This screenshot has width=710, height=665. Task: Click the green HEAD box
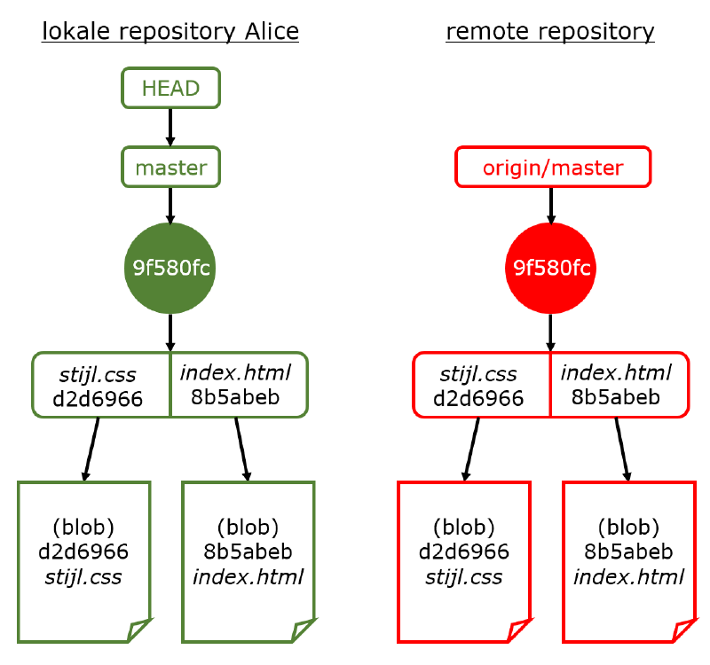(x=170, y=88)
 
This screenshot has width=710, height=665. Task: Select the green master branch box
(x=170, y=167)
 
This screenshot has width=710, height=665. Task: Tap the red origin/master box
(x=553, y=167)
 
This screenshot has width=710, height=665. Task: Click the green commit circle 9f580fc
(x=170, y=268)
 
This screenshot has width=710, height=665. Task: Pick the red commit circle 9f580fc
(x=550, y=268)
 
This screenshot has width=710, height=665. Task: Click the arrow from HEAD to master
(x=170, y=127)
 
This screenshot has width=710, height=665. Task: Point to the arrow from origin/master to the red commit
(x=551, y=206)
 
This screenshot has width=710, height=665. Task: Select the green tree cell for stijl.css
(x=101, y=385)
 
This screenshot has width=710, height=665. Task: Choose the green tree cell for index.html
(x=239, y=385)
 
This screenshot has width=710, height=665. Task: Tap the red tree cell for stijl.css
(x=482, y=385)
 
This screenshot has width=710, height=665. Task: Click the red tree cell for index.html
(x=619, y=385)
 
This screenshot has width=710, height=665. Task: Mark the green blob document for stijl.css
(x=84, y=562)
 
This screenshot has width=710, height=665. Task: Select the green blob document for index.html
(x=248, y=562)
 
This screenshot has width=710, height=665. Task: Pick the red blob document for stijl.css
(x=464, y=562)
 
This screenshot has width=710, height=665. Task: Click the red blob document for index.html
(x=629, y=562)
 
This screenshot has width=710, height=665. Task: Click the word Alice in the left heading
(x=272, y=31)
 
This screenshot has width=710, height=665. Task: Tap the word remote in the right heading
(x=487, y=31)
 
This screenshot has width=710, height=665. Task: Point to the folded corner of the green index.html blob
(x=303, y=630)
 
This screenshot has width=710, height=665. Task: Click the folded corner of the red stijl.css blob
(x=519, y=630)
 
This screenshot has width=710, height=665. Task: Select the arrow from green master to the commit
(x=170, y=206)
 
